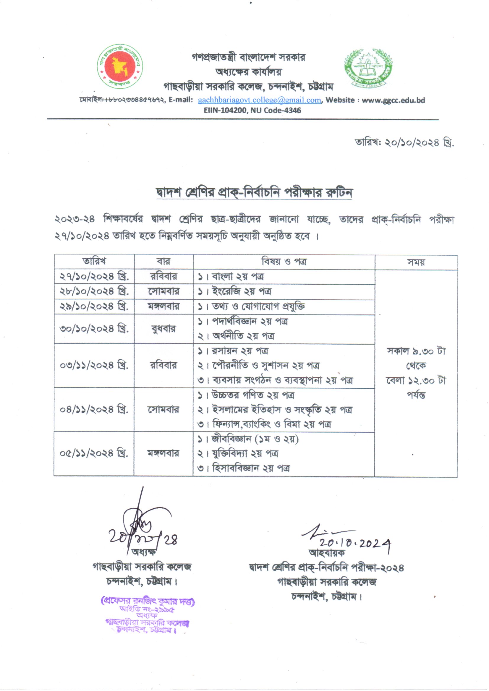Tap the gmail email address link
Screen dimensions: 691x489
pos(259,100)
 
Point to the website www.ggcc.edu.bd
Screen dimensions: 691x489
pos(393,100)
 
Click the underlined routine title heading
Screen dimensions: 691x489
pos(254,193)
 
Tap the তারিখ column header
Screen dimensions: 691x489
pos(94,261)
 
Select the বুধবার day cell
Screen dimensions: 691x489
pos(163,329)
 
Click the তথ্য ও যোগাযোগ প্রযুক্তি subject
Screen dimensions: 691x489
pos(258,307)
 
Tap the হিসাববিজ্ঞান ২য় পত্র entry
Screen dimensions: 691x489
pos(250,468)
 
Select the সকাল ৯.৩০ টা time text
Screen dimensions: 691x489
pos(416,351)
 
